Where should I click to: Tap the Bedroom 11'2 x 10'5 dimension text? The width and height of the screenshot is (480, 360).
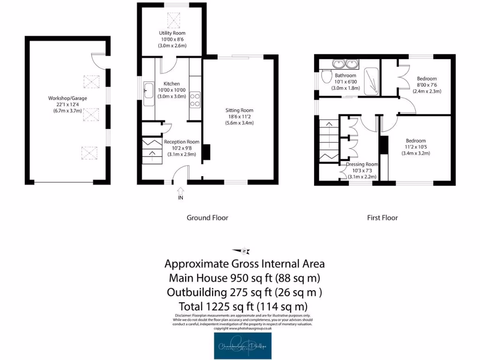pyautogui.click(x=415, y=147)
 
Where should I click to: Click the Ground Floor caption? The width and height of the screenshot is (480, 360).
pyautogui.click(x=207, y=217)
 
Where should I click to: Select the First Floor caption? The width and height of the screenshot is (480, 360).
pyautogui.click(x=382, y=217)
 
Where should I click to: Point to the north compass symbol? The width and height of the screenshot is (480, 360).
pyautogui.click(x=244, y=251)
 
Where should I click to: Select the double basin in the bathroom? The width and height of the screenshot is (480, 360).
pyautogui.click(x=345, y=64)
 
